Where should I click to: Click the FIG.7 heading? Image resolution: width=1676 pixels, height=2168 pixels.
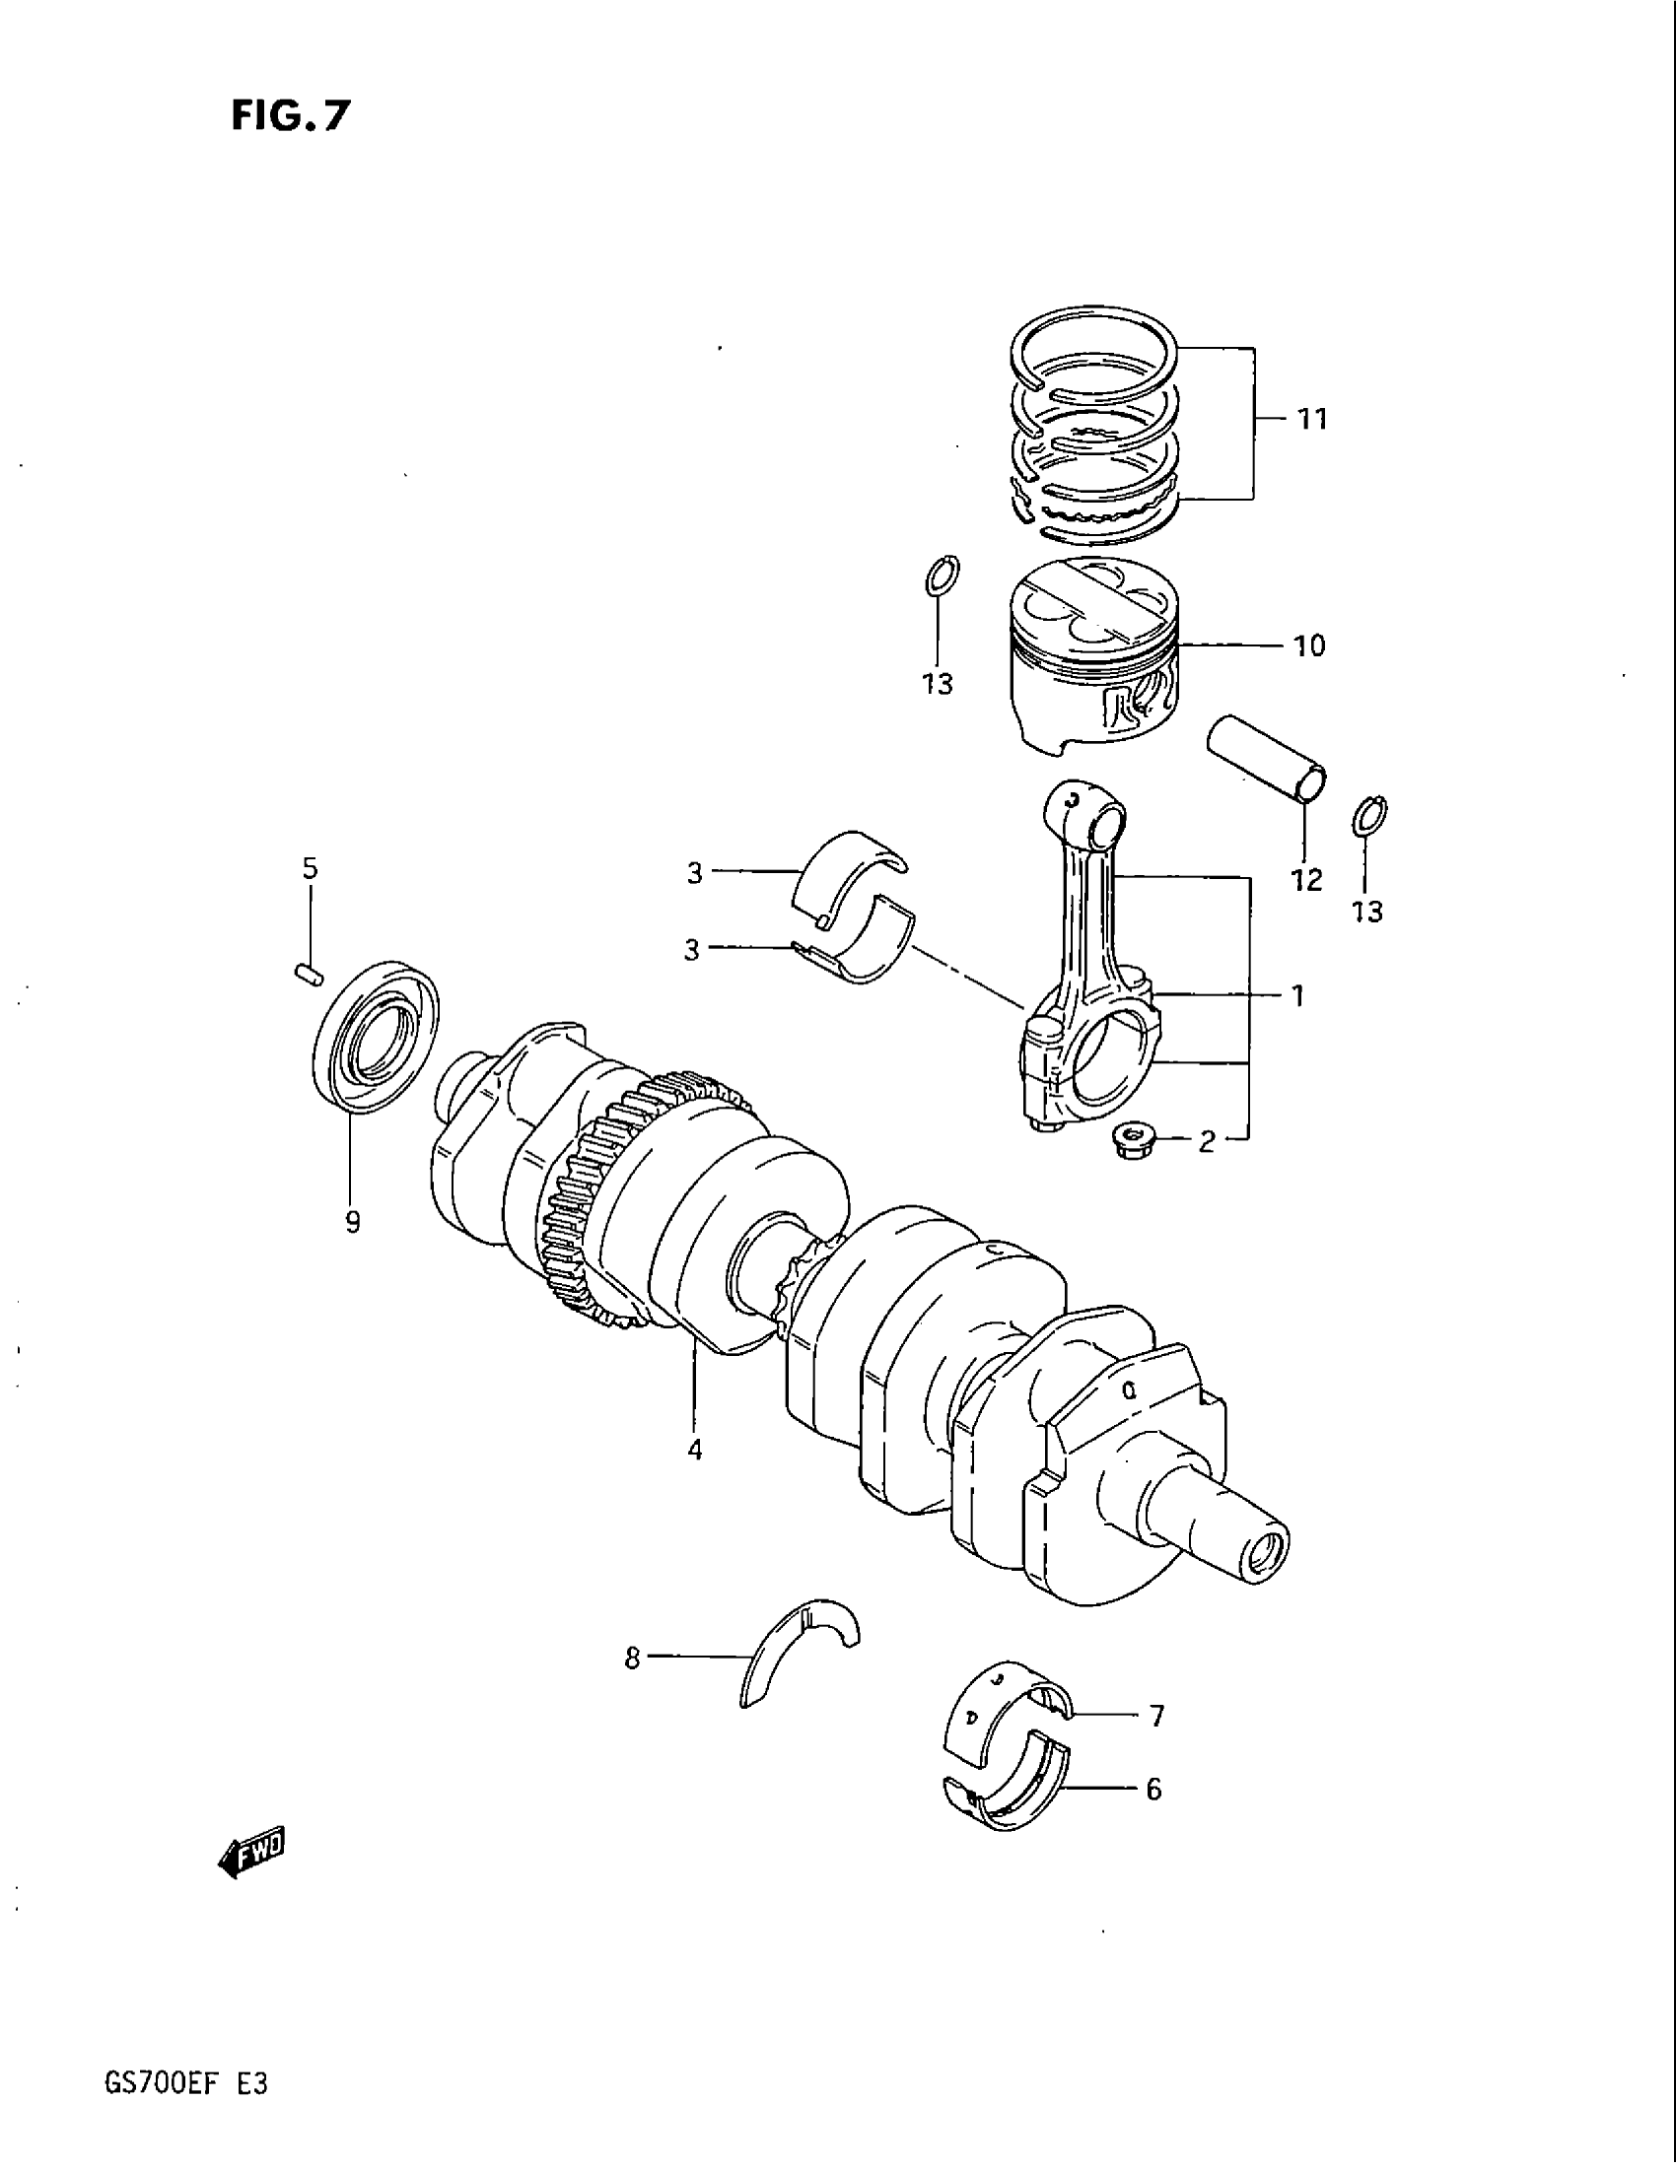(290, 116)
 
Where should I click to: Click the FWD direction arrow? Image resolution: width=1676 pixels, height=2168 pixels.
(250, 1848)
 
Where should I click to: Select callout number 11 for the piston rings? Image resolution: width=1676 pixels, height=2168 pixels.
(1311, 420)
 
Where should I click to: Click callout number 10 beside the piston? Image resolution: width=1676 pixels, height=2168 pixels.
(1308, 646)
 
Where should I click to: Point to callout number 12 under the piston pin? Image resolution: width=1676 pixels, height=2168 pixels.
(1306, 878)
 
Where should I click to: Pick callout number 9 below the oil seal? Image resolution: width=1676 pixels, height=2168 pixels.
(353, 1223)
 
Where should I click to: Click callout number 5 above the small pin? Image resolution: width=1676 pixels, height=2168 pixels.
(310, 868)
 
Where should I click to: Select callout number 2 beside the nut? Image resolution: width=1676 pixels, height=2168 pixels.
(1207, 1142)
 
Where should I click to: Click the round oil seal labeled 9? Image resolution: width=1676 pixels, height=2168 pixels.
(377, 1038)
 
